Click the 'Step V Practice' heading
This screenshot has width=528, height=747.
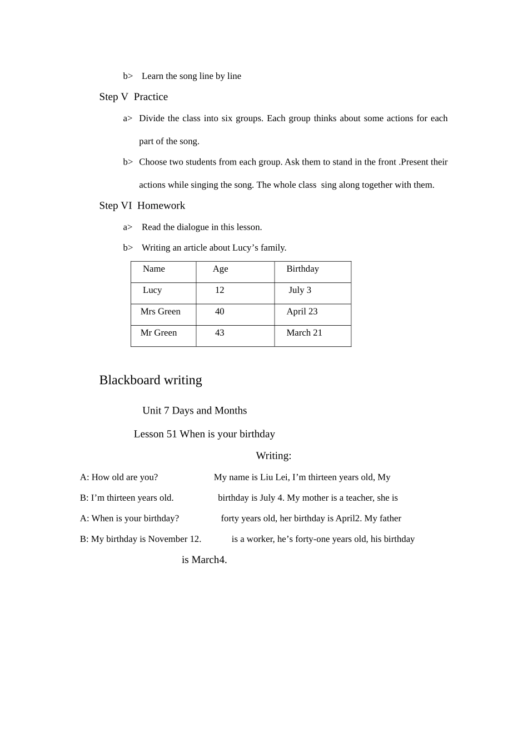[x=133, y=97]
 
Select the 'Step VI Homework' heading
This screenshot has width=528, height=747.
[x=142, y=206]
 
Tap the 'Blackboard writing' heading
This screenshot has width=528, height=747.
[x=151, y=380]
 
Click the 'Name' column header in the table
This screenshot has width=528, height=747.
[x=154, y=269]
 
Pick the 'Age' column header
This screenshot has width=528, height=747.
[x=220, y=269]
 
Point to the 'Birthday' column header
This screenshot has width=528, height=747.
[x=302, y=269]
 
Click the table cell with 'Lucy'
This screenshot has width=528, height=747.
[x=152, y=290]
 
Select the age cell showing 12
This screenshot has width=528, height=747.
[x=220, y=290]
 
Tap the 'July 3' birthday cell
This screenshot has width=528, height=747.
[x=300, y=290]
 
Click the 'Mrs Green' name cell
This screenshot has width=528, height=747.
[x=160, y=312]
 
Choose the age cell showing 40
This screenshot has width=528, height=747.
[x=220, y=312]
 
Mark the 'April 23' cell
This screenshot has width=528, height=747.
[x=302, y=312]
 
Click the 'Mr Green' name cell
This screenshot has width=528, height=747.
[x=158, y=333]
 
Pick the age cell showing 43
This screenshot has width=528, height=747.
[x=220, y=333]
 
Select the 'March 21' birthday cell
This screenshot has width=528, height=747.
[x=304, y=333]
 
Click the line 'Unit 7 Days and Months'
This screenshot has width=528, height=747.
[x=195, y=411]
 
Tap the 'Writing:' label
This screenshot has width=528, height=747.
[x=273, y=456]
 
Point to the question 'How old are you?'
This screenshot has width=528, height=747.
[x=124, y=477]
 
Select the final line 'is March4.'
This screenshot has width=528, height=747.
[x=204, y=560]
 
